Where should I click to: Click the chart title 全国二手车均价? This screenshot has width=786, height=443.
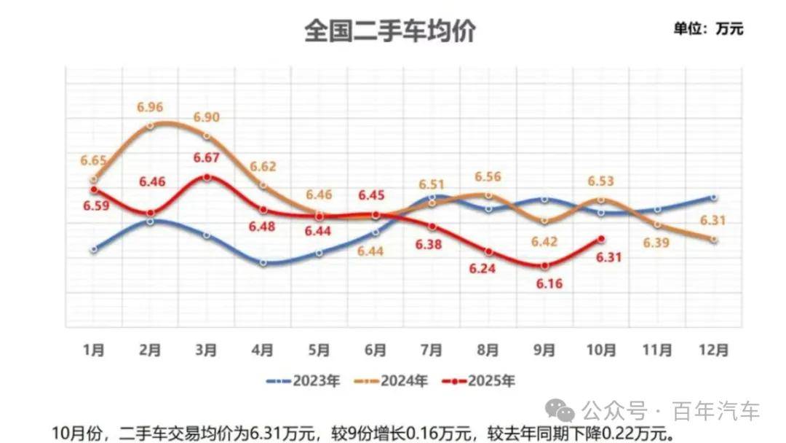pos(389,31)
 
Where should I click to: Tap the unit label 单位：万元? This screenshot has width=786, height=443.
pos(708,29)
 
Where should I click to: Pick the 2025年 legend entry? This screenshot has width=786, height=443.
pos(483,381)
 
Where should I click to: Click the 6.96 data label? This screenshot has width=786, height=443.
pos(150,107)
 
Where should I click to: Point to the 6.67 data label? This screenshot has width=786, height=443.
pos(207,157)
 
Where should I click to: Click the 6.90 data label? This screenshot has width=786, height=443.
pos(207,117)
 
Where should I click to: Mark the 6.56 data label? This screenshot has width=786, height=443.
pos(488,177)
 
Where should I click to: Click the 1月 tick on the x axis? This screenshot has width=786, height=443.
pos(93,350)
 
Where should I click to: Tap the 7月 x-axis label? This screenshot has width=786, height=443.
pos(432,350)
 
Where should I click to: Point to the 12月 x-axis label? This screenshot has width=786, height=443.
pos(714,350)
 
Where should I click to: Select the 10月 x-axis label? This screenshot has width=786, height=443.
pos(600,350)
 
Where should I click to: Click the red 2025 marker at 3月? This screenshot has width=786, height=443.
pos(207,177)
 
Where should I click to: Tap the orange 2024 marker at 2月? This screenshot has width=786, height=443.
pos(150,125)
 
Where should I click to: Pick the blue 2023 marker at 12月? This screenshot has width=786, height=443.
pos(714,197)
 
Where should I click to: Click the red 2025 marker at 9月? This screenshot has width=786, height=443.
pos(545,265)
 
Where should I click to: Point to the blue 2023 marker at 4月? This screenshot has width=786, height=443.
pos(263,262)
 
